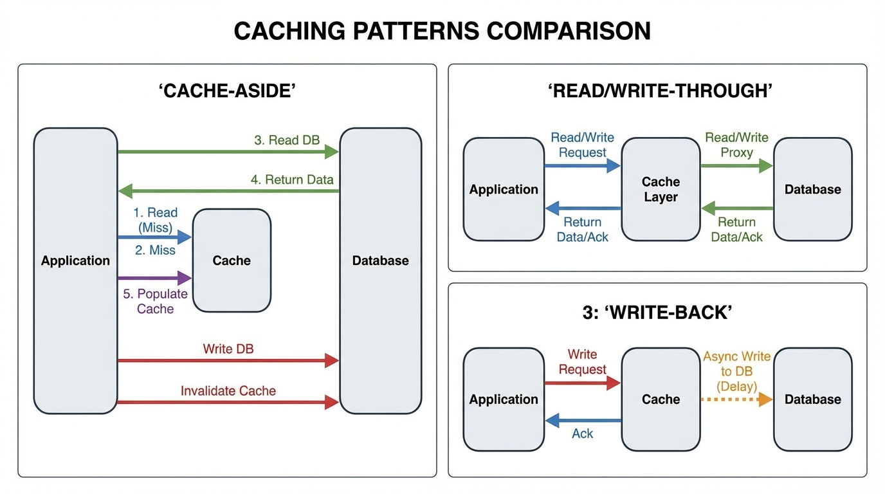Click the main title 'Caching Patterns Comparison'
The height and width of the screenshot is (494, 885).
click(442, 31)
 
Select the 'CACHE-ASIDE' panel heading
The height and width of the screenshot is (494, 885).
click(227, 91)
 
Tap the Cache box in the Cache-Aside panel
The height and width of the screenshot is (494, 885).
click(232, 261)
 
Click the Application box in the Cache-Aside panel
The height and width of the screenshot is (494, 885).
click(75, 270)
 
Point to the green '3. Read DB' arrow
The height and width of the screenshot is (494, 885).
click(228, 152)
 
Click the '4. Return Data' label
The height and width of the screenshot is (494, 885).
click(292, 179)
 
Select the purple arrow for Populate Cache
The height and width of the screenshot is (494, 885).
click(155, 278)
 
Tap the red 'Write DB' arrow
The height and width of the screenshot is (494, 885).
click(228, 360)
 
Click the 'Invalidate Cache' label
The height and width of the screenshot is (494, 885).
click(228, 390)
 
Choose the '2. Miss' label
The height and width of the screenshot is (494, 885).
click(155, 250)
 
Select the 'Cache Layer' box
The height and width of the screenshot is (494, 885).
click(661, 189)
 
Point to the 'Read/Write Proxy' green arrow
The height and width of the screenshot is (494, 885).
click(736, 166)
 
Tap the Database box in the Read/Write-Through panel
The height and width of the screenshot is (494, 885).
click(812, 189)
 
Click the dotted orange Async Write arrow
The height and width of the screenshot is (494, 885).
click(736, 399)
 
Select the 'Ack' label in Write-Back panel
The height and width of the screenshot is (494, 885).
click(582, 434)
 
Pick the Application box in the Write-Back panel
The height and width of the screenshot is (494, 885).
click(504, 399)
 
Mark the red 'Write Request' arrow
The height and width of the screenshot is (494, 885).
click(582, 383)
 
